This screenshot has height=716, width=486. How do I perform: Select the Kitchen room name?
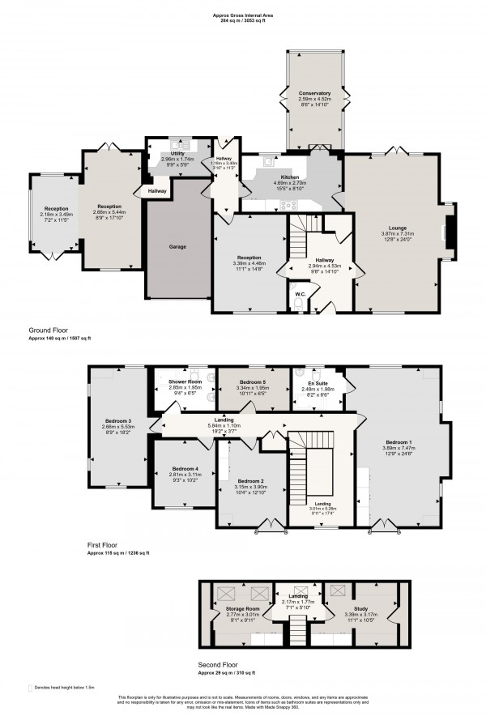(289, 177)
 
